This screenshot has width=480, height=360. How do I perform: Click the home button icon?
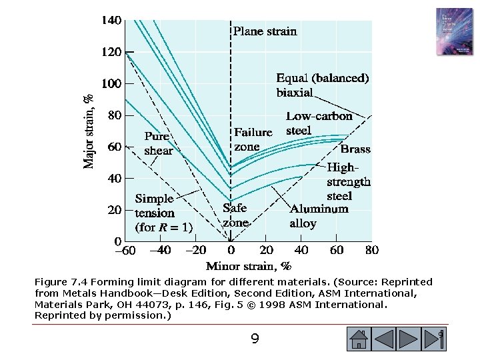tap(359, 340)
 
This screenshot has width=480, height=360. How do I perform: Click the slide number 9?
tap(254, 340)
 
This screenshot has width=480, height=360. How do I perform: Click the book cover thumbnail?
tap(454, 31)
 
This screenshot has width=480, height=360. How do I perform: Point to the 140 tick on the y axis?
tap(111, 21)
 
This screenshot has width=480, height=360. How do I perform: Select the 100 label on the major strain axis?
tap(111, 84)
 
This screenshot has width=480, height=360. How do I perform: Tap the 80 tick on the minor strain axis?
tap(371, 251)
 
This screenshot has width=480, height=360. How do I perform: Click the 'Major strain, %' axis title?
tap(88, 130)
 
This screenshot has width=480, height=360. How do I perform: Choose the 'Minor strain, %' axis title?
tap(249, 266)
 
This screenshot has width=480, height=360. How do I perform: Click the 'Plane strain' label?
tap(265, 31)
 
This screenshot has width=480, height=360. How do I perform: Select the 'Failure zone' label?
tap(253, 139)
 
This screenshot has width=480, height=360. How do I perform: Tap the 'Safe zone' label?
tap(235, 215)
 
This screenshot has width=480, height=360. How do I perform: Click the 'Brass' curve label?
tap(355, 149)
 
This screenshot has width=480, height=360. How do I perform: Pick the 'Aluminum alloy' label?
tap(319, 216)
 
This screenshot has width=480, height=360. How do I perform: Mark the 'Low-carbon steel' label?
tap(319, 123)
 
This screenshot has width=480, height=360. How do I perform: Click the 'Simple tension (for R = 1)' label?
tap(164, 213)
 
